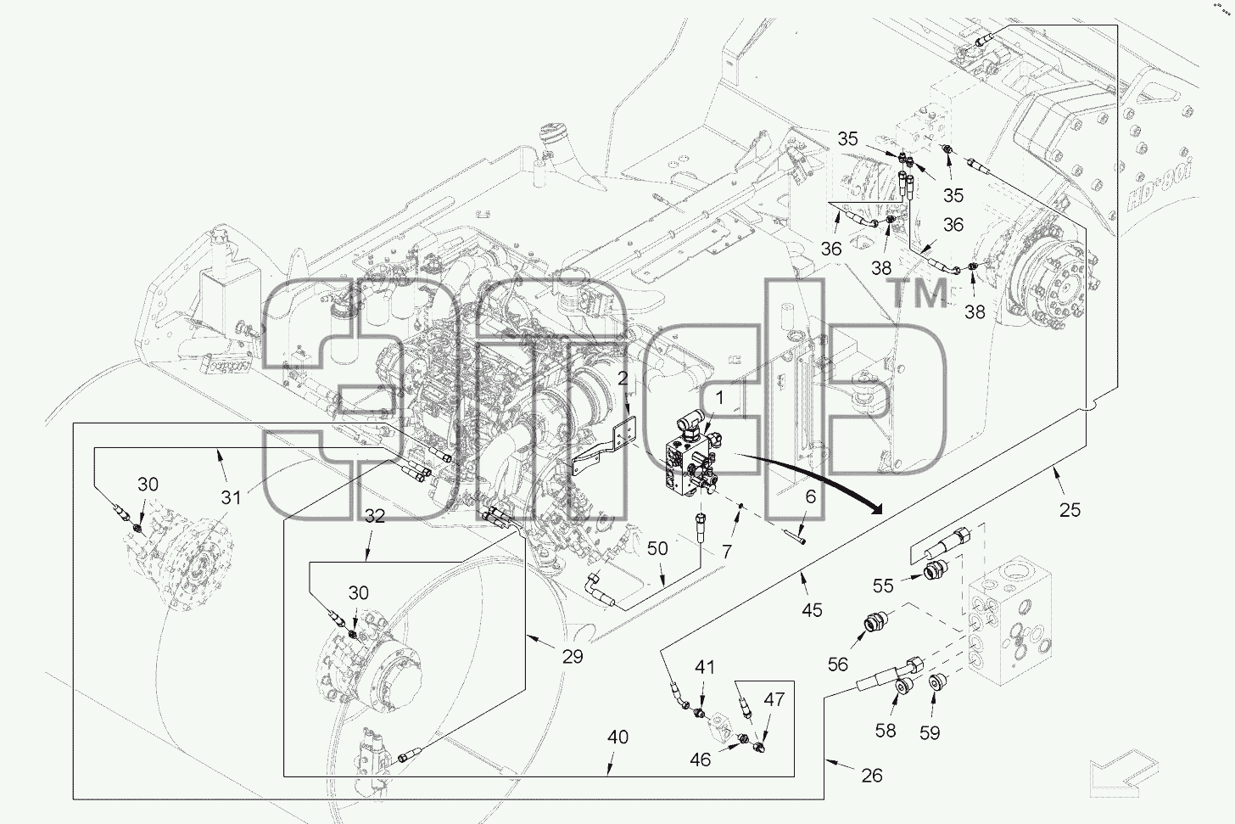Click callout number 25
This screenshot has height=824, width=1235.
[x=1070, y=510]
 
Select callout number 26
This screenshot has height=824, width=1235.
[x=872, y=776]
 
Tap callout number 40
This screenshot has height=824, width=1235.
[x=617, y=737]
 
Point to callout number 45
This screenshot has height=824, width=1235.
[x=812, y=610]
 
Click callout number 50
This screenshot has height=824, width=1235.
[x=657, y=548]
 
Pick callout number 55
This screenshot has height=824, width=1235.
[x=883, y=586]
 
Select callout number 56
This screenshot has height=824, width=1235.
[x=837, y=664]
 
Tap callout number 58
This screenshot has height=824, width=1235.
[x=886, y=731]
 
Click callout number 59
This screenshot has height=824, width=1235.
[x=930, y=733]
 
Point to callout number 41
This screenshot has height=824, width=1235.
[x=704, y=667]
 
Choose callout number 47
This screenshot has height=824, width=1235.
[x=774, y=699]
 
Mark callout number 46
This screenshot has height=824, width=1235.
[x=701, y=760]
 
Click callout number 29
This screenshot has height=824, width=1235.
[x=573, y=656]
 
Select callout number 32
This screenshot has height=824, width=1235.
[x=374, y=516]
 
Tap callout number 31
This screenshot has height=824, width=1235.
[x=231, y=497]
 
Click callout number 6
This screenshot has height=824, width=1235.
[x=811, y=497]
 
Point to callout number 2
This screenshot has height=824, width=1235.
[x=623, y=378]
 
